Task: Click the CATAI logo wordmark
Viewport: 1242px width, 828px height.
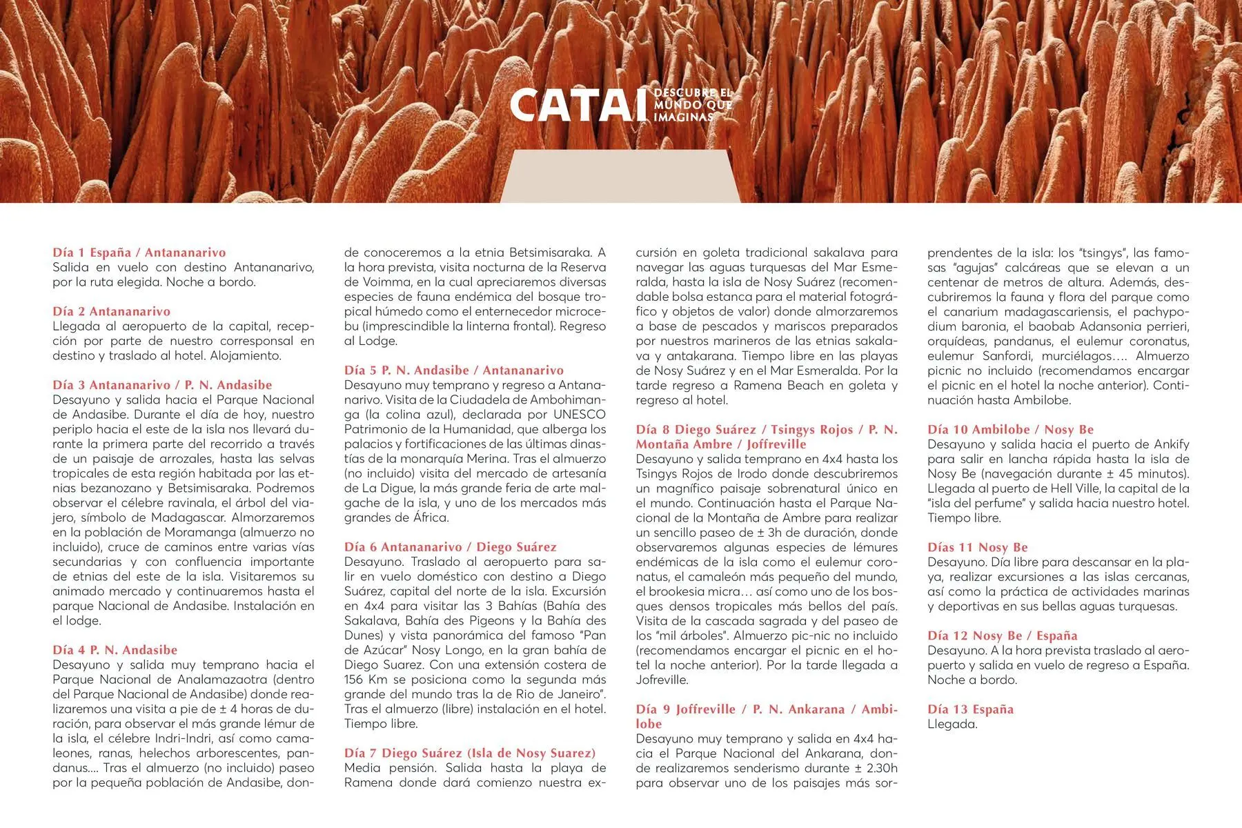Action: coord(572,106)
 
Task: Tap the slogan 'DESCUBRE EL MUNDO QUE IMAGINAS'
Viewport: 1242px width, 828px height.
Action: coord(692,105)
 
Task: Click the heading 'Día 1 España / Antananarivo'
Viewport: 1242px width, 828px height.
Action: coord(139,253)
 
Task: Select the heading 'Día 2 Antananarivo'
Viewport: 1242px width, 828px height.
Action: coord(111,311)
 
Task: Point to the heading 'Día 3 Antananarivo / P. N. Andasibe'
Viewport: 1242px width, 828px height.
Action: coord(162,385)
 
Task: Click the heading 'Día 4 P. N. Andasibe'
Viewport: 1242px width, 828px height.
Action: coord(115,650)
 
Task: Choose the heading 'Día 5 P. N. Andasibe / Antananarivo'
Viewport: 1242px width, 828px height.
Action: coord(453,371)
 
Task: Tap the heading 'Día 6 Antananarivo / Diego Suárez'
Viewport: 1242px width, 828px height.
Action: coord(450,547)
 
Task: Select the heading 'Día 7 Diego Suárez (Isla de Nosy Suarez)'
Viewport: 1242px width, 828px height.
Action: coord(469,753)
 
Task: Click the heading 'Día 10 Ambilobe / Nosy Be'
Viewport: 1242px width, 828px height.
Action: coord(1010,429)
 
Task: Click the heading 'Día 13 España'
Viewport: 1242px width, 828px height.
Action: coord(970,709)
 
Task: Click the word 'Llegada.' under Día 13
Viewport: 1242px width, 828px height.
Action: coord(952,724)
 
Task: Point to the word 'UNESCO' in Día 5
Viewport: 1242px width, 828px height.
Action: coord(579,415)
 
